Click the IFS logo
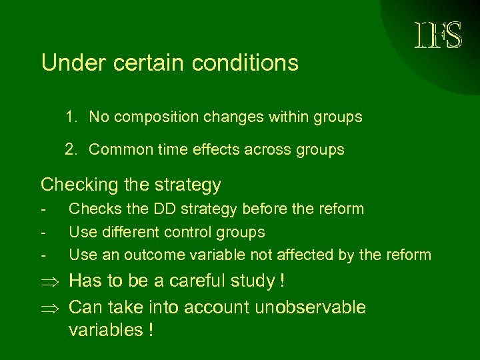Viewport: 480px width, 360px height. pyautogui.click(x=438, y=35)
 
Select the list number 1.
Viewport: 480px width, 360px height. pyautogui.click(x=71, y=117)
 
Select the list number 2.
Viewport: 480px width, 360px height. pyautogui.click(x=71, y=149)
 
